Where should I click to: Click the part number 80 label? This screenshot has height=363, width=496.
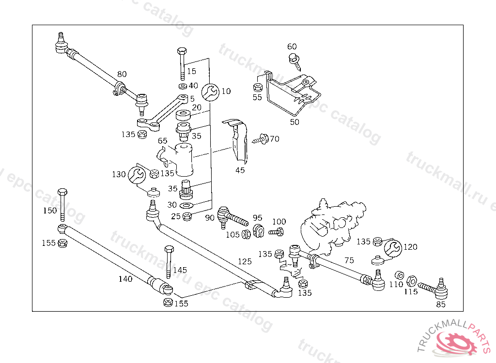point(122,75)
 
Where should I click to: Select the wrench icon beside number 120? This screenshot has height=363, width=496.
point(392,248)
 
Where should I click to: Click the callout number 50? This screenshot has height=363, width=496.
point(294,122)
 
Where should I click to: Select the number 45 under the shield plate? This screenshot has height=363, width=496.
point(240,170)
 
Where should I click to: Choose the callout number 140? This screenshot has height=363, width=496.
point(125,279)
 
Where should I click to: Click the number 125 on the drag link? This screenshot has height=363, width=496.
point(245,261)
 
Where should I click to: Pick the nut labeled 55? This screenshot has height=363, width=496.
point(258,88)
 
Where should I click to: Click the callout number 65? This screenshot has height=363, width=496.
point(162,141)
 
